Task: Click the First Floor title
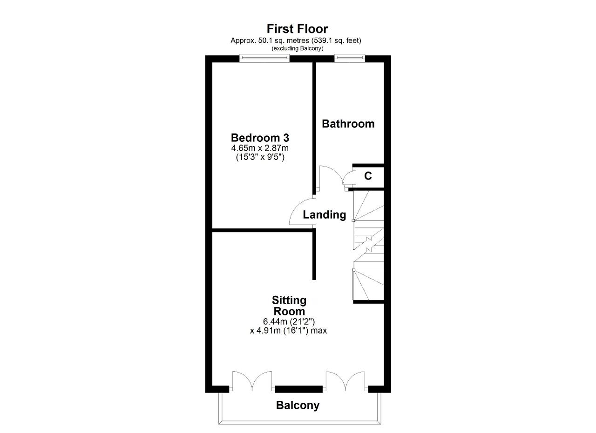click(297, 29)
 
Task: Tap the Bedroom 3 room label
click(260, 138)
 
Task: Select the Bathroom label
click(348, 124)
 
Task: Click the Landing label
click(325, 215)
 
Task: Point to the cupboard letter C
click(368, 176)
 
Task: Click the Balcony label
click(298, 406)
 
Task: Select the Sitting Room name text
click(289, 306)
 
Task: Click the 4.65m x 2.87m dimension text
click(260, 148)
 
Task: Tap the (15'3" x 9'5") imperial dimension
click(260, 157)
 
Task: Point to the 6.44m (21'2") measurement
click(289, 322)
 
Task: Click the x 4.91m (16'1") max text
click(288, 331)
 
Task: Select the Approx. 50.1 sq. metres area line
click(296, 40)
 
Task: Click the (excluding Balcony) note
click(297, 48)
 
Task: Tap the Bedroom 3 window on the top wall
click(264, 58)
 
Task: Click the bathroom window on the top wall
click(350, 58)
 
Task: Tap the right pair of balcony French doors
click(345, 380)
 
